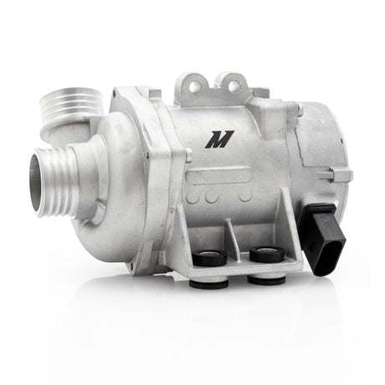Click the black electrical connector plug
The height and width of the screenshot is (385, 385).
click(321, 235)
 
